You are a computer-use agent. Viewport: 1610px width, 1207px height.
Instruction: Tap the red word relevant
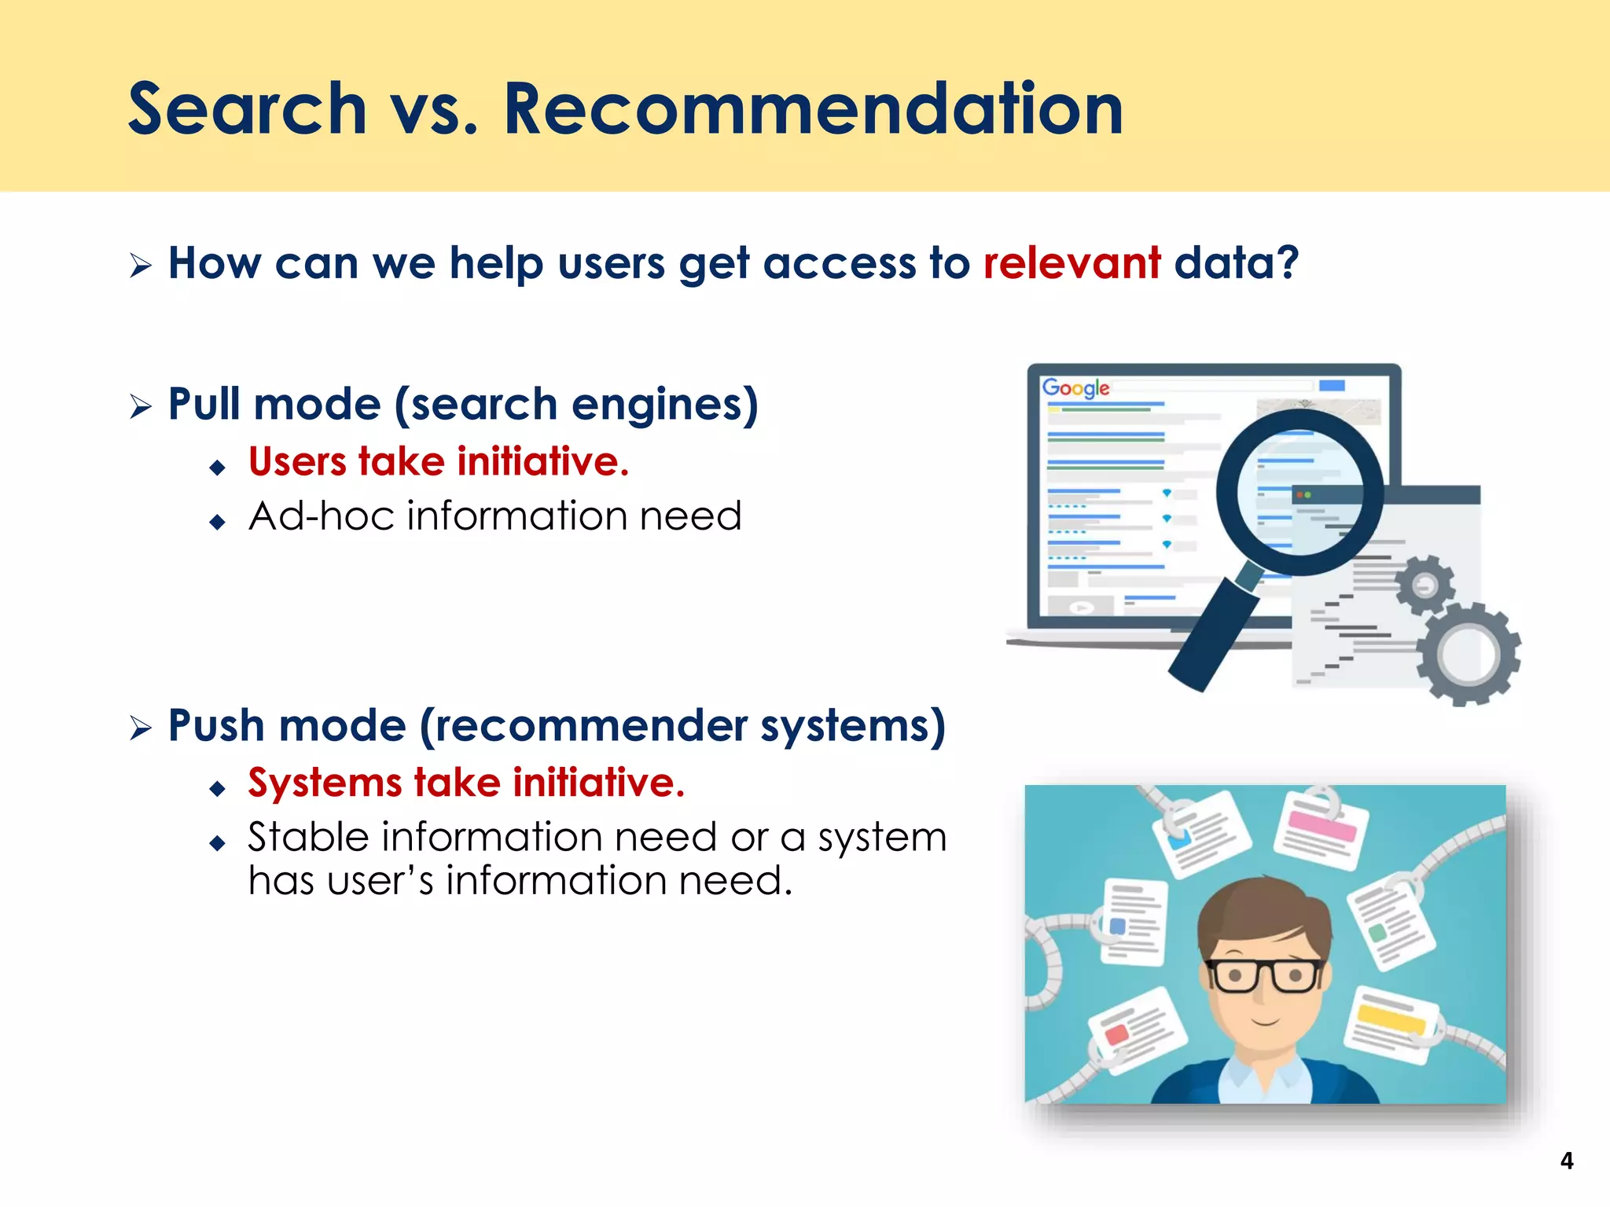[1071, 262]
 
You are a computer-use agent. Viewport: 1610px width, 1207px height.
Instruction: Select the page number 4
[1566, 1161]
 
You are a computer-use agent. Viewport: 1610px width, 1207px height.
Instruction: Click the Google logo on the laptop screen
[1075, 387]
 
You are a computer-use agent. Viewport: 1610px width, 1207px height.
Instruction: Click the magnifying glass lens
[1299, 492]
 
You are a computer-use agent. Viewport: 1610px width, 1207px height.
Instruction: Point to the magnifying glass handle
[1215, 629]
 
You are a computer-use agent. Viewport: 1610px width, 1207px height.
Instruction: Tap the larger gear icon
[1468, 653]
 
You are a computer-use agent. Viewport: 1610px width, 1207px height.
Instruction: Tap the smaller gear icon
[1424, 585]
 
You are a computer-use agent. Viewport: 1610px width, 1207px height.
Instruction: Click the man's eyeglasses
[1263, 975]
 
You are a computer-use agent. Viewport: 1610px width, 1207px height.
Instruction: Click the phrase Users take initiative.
[439, 461]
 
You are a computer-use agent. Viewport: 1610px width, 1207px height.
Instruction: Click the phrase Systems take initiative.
[466, 783]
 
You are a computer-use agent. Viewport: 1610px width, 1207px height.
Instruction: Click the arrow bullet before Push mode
[141, 728]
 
